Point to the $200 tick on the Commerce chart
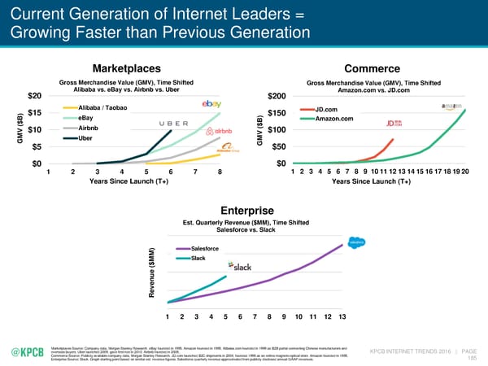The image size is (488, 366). point(276,97)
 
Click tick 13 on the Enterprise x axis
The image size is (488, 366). point(342,316)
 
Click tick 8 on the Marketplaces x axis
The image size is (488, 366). point(220,172)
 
